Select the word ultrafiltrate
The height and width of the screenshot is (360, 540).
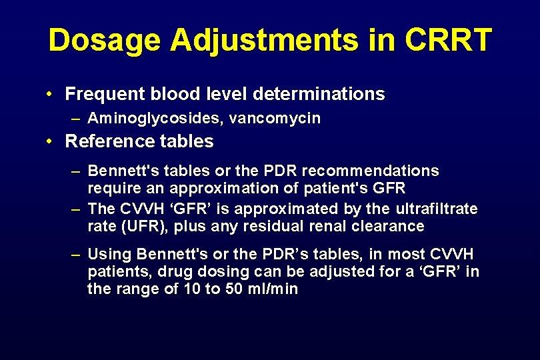[x=437, y=209]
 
